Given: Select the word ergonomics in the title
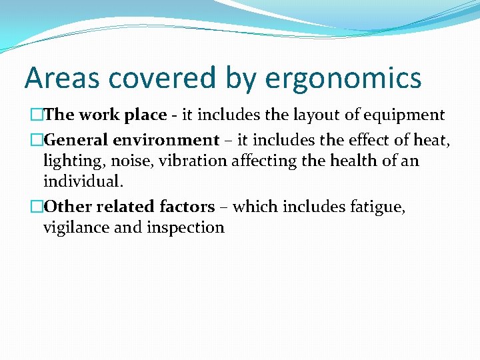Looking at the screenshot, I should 343,78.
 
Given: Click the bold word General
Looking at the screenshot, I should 76,140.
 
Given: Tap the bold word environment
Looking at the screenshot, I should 166,140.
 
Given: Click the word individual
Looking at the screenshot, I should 83,181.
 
